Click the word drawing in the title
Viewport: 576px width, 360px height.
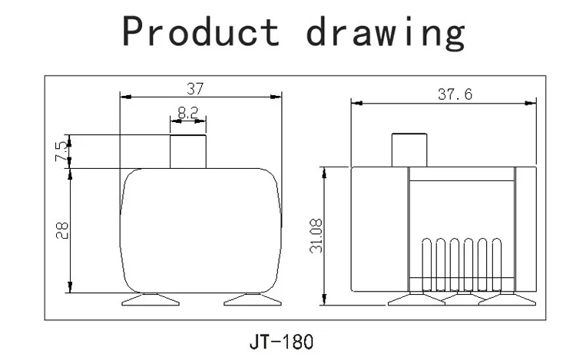(x=386, y=33)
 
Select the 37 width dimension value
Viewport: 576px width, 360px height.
(x=195, y=89)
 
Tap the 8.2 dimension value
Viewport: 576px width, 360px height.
(x=187, y=113)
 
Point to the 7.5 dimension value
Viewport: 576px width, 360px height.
(x=61, y=151)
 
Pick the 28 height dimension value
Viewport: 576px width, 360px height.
(x=61, y=230)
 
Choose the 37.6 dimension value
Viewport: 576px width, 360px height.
(x=455, y=94)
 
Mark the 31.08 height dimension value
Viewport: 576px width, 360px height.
(x=316, y=236)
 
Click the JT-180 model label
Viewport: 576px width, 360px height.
(x=281, y=342)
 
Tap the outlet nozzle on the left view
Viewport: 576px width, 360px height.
(x=188, y=151)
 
